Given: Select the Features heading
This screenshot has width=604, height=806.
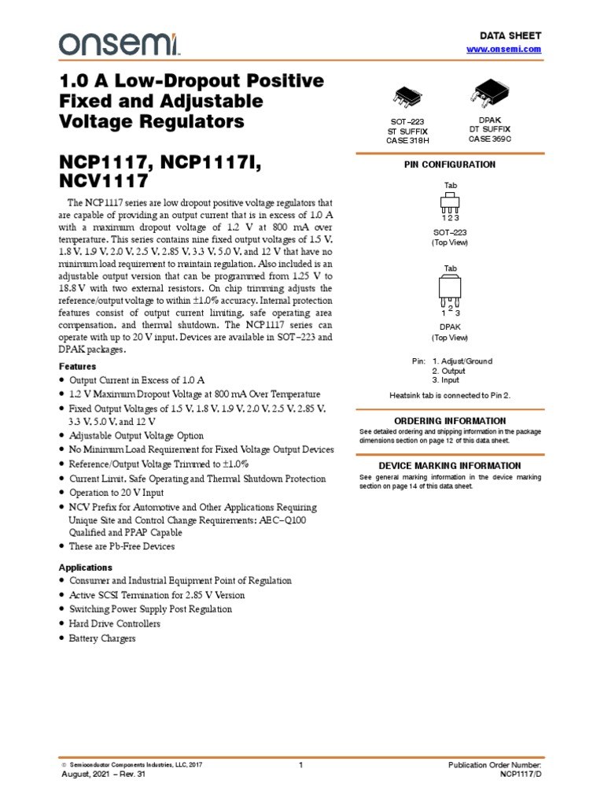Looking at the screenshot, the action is coord(78,367).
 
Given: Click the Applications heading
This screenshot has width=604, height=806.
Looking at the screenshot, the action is coord(86,568).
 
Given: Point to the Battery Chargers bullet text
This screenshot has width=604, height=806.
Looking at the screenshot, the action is coord(102,638).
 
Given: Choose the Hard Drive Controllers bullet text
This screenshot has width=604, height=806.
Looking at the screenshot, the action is coord(115,624).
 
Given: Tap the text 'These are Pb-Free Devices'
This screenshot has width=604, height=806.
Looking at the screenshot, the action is coord(122,546).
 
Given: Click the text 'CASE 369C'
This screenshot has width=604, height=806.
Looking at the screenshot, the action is coord(490,139).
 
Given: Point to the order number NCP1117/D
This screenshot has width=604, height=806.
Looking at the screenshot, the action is coord(521,775).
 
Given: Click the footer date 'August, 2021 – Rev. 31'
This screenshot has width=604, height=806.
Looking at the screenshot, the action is coord(103,775).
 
